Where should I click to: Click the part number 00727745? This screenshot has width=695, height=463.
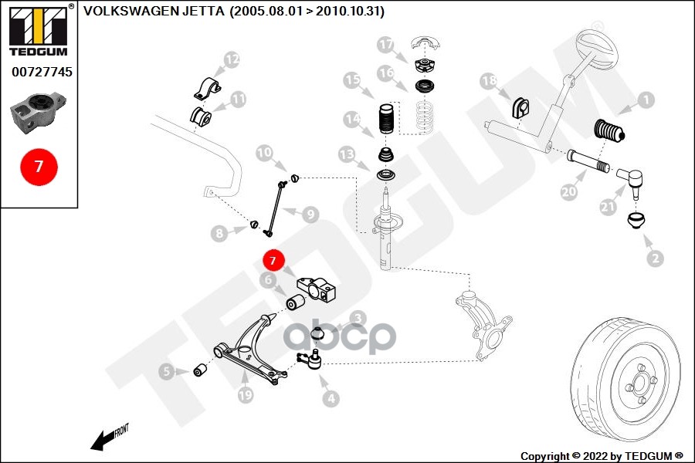pyautogui.click(x=42, y=72)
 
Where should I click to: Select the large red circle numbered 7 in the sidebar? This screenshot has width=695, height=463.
pyautogui.click(x=39, y=167)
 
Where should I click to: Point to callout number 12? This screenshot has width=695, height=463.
pyautogui.click(x=232, y=59)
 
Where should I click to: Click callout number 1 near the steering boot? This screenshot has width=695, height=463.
pyautogui.click(x=645, y=100)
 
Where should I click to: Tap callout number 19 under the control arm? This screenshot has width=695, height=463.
pyautogui.click(x=246, y=396)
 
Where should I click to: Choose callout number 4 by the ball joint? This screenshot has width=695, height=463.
pyautogui.click(x=331, y=399)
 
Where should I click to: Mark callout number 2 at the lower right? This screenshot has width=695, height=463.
pyautogui.click(x=656, y=259)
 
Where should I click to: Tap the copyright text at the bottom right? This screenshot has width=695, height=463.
pyautogui.click(x=602, y=455)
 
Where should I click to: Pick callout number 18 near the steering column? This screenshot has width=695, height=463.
pyautogui.click(x=489, y=80)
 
